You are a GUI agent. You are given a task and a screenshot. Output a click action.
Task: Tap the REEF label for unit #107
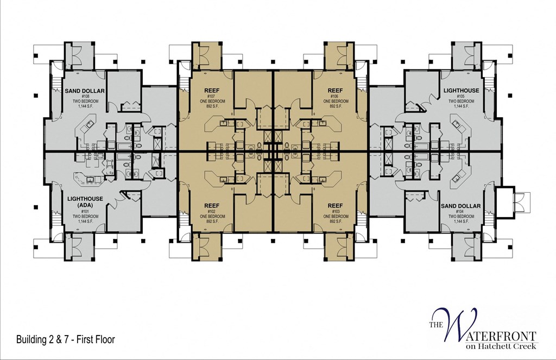pyautogui.click(x=212, y=90)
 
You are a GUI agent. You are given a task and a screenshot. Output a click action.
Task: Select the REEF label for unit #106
pyautogui.click(x=335, y=90)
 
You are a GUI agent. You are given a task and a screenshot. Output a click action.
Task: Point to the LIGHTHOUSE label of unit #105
pyautogui.click(x=461, y=90)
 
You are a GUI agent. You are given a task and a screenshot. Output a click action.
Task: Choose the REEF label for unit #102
pyautogui.click(x=212, y=205)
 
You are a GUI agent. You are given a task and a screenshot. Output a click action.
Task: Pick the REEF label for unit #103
pyautogui.click(x=335, y=205)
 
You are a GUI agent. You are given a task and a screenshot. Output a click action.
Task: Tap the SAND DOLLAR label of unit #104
pyautogui.click(x=461, y=206)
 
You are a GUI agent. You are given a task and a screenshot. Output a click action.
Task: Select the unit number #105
pyautogui.click(x=461, y=96)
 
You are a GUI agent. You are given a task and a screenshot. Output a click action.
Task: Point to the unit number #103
pyautogui.click(x=335, y=211)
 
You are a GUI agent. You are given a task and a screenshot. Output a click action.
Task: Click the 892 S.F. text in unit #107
pyautogui.click(x=212, y=106)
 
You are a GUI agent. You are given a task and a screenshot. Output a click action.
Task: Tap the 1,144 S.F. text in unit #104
pyautogui.click(x=461, y=222)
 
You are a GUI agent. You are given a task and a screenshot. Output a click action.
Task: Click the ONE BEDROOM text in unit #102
pyautogui.click(x=212, y=216)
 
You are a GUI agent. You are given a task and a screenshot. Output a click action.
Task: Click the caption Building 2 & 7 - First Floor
pyautogui.click(x=66, y=340)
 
